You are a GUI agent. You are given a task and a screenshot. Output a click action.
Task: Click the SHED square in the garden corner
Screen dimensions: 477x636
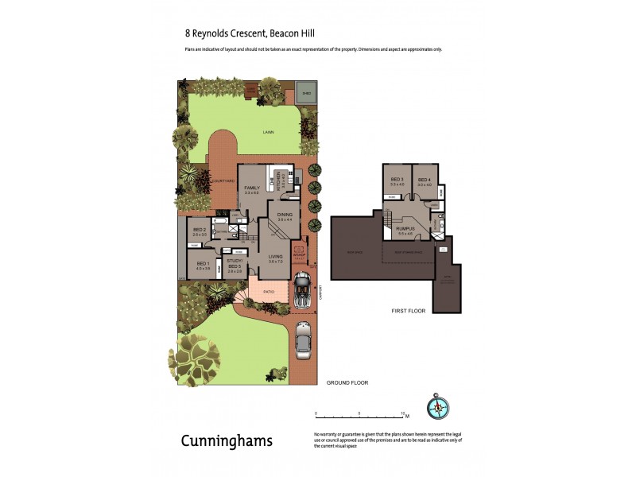click(306, 92)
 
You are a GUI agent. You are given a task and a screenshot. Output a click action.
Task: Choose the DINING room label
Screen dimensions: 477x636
click(285, 215)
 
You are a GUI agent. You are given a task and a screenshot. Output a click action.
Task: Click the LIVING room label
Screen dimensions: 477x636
click(276, 256)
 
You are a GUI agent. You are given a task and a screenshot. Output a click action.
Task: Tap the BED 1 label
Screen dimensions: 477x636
click(203, 263)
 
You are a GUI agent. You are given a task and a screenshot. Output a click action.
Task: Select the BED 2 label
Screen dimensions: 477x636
click(200, 230)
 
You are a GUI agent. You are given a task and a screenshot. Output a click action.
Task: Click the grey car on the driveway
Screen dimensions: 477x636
click(303, 340)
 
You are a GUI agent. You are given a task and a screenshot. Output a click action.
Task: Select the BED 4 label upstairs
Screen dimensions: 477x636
click(424, 180)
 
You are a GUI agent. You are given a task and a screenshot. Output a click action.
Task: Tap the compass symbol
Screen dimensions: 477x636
click(438, 406)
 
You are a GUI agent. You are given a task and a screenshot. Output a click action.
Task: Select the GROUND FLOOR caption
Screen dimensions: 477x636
click(347, 382)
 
